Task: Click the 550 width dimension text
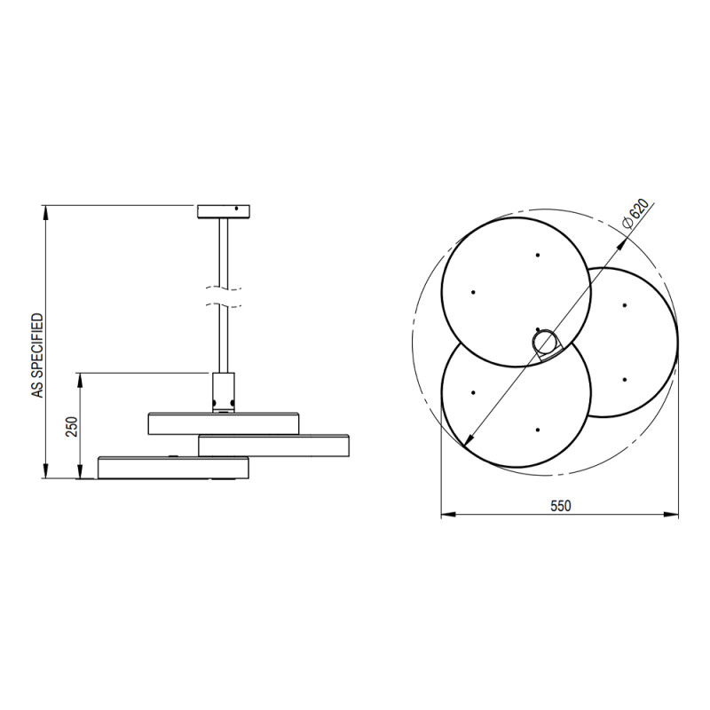(559, 506)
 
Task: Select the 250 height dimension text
(73, 427)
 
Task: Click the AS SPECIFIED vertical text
(37, 354)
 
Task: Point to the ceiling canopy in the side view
(225, 211)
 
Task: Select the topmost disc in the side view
(224, 423)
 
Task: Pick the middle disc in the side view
(273, 446)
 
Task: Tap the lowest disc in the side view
(173, 468)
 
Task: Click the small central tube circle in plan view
(546, 343)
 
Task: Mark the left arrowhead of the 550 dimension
(446, 514)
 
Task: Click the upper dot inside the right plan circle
(625, 306)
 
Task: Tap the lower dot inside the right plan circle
(625, 380)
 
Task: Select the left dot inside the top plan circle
(473, 292)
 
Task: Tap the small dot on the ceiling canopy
(237, 210)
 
